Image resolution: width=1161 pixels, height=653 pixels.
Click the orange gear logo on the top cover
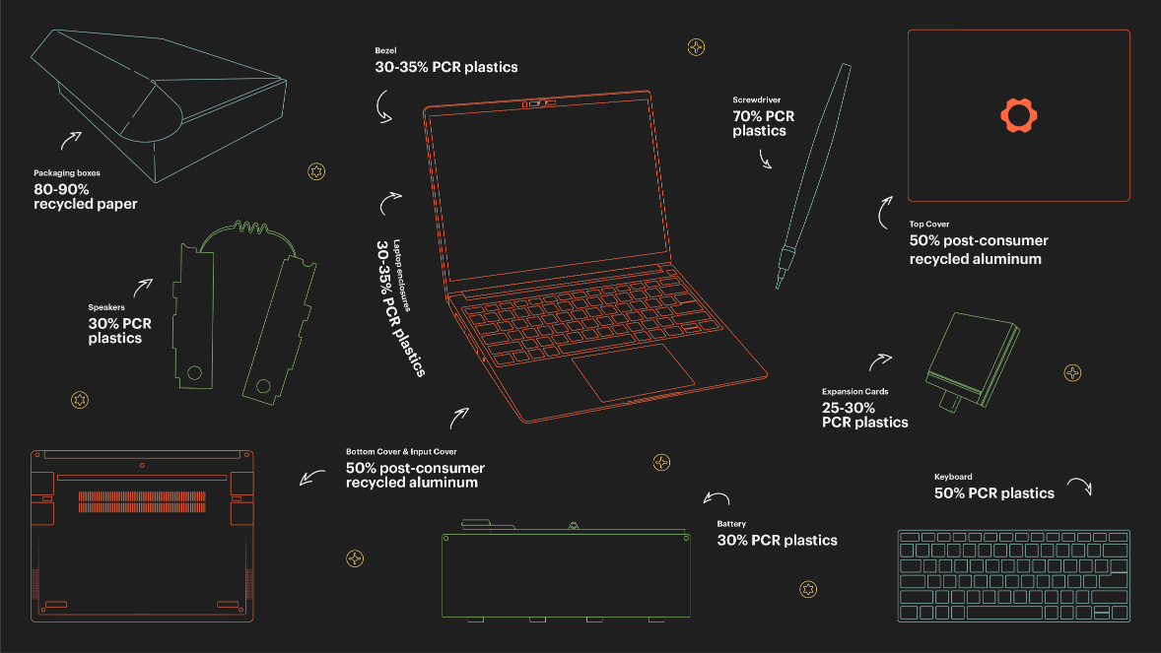click(1019, 115)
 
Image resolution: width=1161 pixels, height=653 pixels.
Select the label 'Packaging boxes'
click(67, 173)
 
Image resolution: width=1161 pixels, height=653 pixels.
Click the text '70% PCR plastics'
click(763, 123)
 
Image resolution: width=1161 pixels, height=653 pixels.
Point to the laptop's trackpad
click(634, 372)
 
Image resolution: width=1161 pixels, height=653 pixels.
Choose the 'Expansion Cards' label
click(854, 392)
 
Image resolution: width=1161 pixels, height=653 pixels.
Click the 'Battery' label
click(731, 524)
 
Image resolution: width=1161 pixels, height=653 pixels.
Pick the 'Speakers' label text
click(106, 307)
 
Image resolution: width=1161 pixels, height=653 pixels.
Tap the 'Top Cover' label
click(929, 225)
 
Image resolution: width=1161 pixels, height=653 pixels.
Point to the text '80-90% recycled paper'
click(85, 196)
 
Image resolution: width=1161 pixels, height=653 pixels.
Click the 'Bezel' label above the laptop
click(384, 50)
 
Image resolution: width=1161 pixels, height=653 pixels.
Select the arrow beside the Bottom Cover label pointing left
click(312, 479)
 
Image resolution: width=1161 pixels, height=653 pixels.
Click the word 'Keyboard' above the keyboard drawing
click(952, 477)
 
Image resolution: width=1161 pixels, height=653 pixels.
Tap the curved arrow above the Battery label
click(716, 498)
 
